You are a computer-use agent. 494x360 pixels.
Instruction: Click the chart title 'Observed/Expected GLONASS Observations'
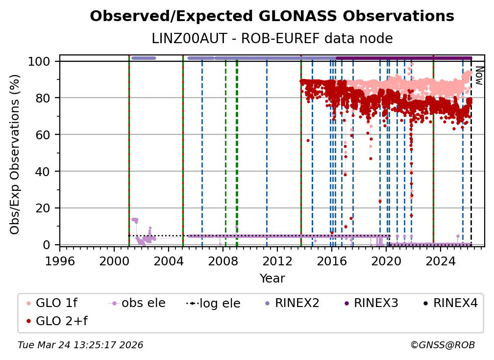(x=272, y=16)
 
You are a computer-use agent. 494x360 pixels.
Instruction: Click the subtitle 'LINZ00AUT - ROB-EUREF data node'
(x=272, y=38)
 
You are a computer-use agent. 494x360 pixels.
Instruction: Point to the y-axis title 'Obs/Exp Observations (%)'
(x=15, y=154)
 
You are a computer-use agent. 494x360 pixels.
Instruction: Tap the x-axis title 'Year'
(x=272, y=279)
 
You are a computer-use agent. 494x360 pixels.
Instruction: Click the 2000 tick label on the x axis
(x=114, y=261)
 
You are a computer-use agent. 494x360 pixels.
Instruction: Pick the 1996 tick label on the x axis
(x=60, y=261)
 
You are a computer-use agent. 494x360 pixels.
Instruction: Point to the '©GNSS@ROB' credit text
(x=443, y=345)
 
